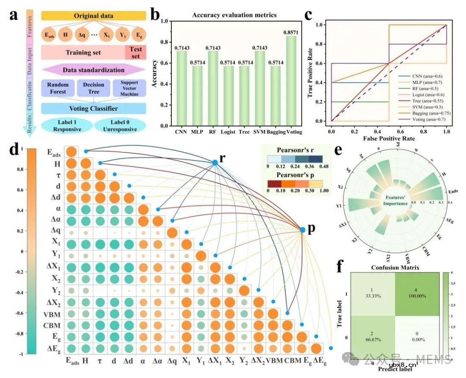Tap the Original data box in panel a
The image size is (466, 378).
click(x=94, y=16)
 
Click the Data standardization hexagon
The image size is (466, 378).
click(x=94, y=70)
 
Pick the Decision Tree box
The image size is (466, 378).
click(x=94, y=88)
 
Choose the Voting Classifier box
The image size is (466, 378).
click(x=94, y=109)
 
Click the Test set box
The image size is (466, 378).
click(x=135, y=52)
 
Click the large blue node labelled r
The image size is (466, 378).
click(x=214, y=162)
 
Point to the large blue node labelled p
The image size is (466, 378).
click(x=302, y=231)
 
